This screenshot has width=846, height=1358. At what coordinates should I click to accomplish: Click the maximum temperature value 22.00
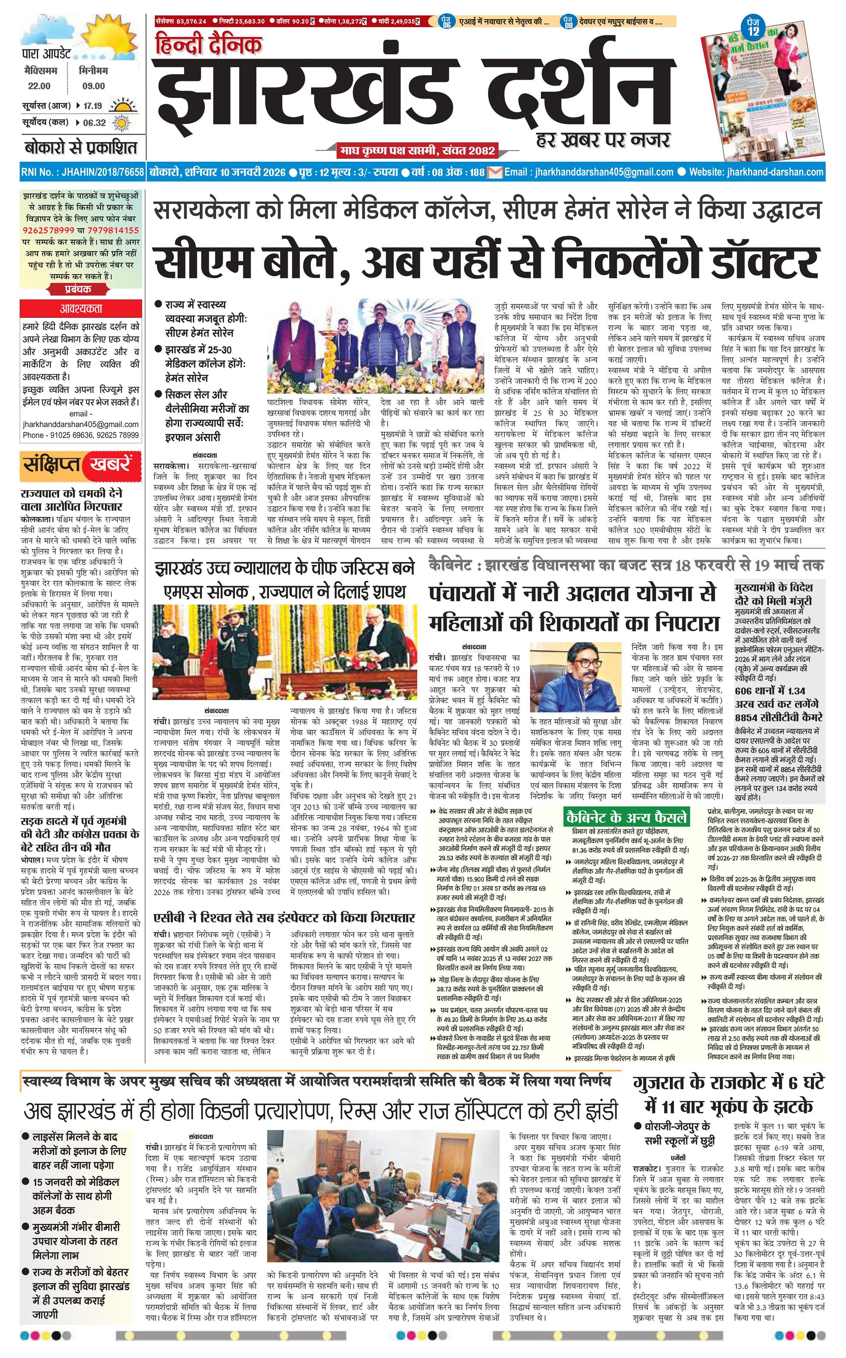[x=39, y=86]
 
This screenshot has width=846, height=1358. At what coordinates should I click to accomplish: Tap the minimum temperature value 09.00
[x=93, y=86]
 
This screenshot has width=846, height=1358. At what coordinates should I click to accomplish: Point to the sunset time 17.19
[x=93, y=106]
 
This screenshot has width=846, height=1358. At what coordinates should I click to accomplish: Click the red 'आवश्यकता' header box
[x=81, y=308]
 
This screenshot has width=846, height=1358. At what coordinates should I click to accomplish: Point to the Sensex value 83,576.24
[x=191, y=21]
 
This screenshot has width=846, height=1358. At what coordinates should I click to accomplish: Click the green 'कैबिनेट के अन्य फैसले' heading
[x=626, y=816]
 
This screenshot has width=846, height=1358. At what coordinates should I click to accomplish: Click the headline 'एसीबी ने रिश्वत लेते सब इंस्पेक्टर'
[x=284, y=917]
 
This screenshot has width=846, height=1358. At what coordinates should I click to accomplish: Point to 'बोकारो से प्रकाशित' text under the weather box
[x=80, y=148]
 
